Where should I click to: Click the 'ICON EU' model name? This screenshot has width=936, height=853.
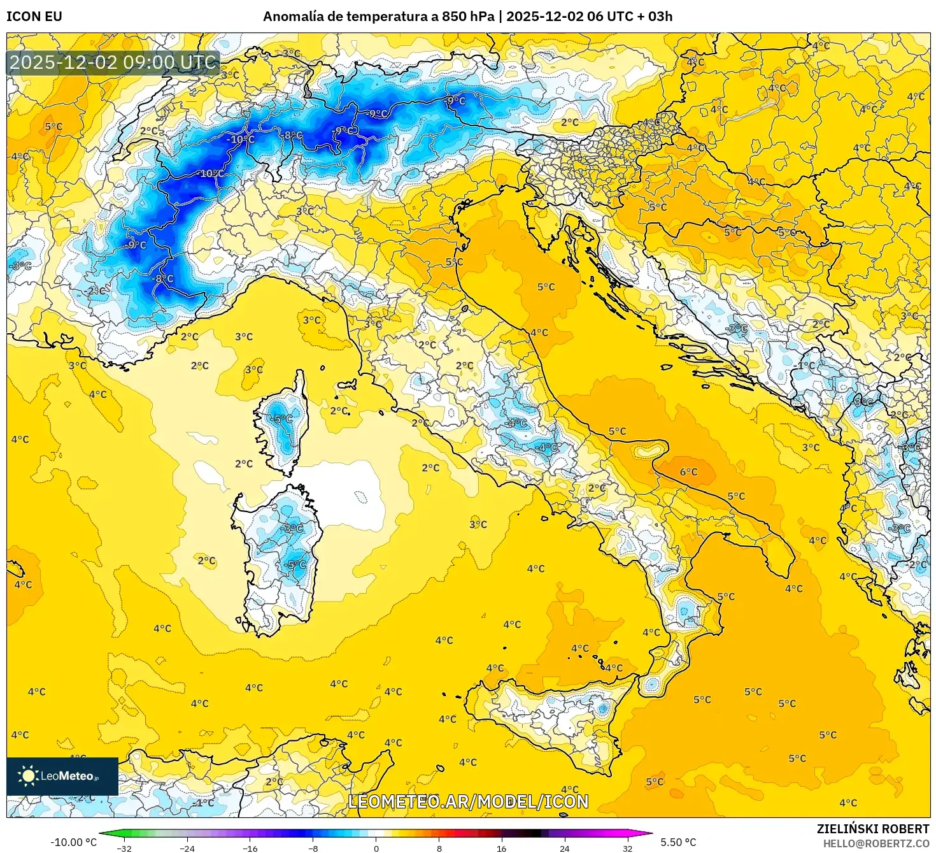[x=34, y=16]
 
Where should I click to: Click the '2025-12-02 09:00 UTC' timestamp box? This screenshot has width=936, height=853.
[x=113, y=62]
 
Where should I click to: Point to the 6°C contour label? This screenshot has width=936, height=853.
[x=688, y=472]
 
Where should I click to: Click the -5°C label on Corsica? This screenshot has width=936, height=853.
[x=282, y=419]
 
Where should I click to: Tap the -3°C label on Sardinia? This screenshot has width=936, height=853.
[x=293, y=528]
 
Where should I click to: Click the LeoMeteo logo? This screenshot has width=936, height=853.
[x=62, y=776]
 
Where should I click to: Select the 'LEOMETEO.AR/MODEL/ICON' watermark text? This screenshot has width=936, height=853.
[x=468, y=801]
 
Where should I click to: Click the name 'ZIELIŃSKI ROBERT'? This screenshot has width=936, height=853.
[x=873, y=829]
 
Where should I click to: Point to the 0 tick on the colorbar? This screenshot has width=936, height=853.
[x=376, y=848]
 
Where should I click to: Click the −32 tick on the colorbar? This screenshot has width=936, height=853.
[x=124, y=848]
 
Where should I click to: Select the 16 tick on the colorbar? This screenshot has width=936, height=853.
[x=502, y=848]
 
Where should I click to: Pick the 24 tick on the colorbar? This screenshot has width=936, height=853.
[x=565, y=848]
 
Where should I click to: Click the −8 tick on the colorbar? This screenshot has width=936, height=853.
[x=313, y=848]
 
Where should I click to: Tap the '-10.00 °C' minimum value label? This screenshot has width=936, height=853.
[x=73, y=842]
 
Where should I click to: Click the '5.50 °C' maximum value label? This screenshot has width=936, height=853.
[x=678, y=842]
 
